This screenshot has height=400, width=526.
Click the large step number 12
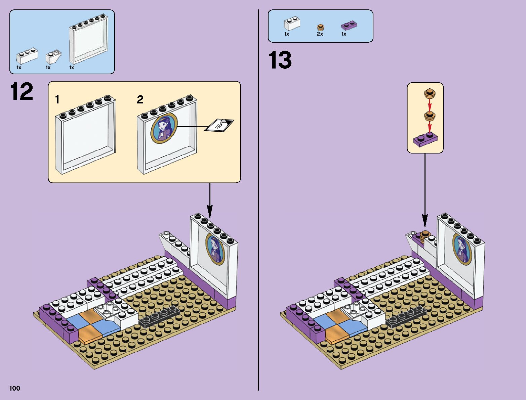coord(22,91)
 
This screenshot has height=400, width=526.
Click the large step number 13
coord(280,60)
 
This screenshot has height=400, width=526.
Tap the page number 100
coord(15,388)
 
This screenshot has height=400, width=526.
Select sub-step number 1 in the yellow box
coord(57,99)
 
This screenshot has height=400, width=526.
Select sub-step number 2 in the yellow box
coord(140,99)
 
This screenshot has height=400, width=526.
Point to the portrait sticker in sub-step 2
coord(164,128)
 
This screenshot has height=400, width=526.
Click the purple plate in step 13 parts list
coord(349,26)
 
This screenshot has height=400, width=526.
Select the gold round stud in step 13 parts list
coord(320,27)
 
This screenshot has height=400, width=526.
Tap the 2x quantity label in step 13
coord(320,34)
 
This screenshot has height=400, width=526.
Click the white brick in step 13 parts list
coord(292,24)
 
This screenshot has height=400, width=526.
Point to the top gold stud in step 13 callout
coord(429,93)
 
